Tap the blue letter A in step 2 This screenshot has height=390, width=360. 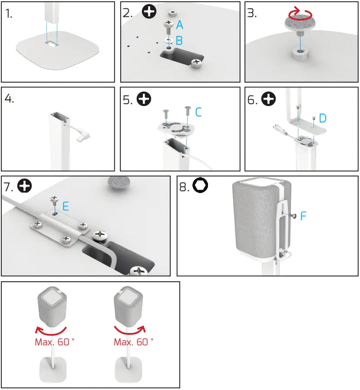(179, 26)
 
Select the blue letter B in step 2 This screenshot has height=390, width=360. (179, 41)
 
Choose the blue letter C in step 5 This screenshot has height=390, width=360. (198, 112)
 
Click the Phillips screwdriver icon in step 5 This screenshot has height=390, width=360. (144, 100)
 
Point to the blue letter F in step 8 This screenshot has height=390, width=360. (304, 215)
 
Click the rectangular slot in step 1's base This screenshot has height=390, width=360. (51, 44)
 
